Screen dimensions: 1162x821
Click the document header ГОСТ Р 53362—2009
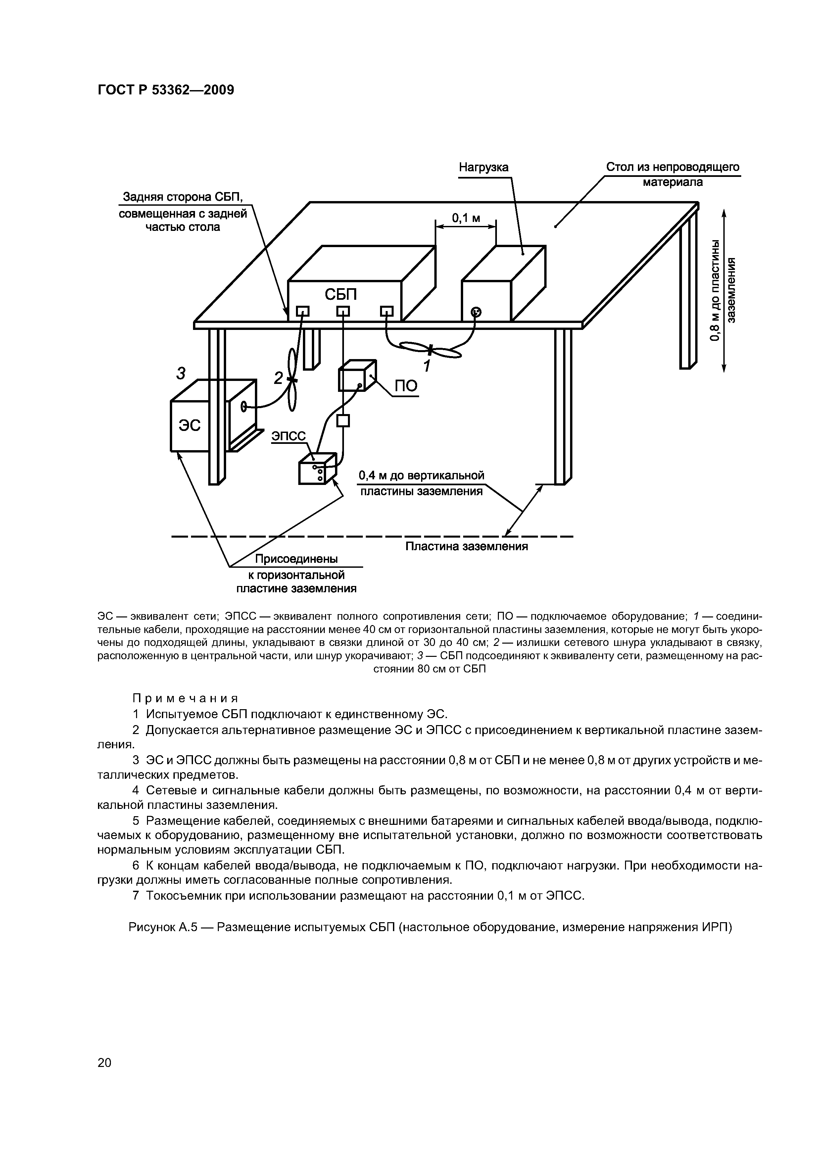pyautogui.click(x=166, y=90)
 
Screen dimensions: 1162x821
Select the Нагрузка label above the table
pyautogui.click(x=484, y=168)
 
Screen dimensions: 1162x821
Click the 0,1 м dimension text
pyautogui.click(x=466, y=218)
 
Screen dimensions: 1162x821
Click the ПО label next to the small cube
pyautogui.click(x=406, y=386)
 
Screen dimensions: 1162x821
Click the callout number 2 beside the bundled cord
pyautogui.click(x=278, y=377)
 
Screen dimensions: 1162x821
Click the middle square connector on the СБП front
pyautogui.click(x=343, y=311)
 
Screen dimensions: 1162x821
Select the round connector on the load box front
pyautogui.click(x=476, y=312)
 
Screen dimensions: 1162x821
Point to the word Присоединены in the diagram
pyautogui.click(x=296, y=559)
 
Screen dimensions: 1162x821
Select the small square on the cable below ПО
pyautogui.click(x=343, y=421)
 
